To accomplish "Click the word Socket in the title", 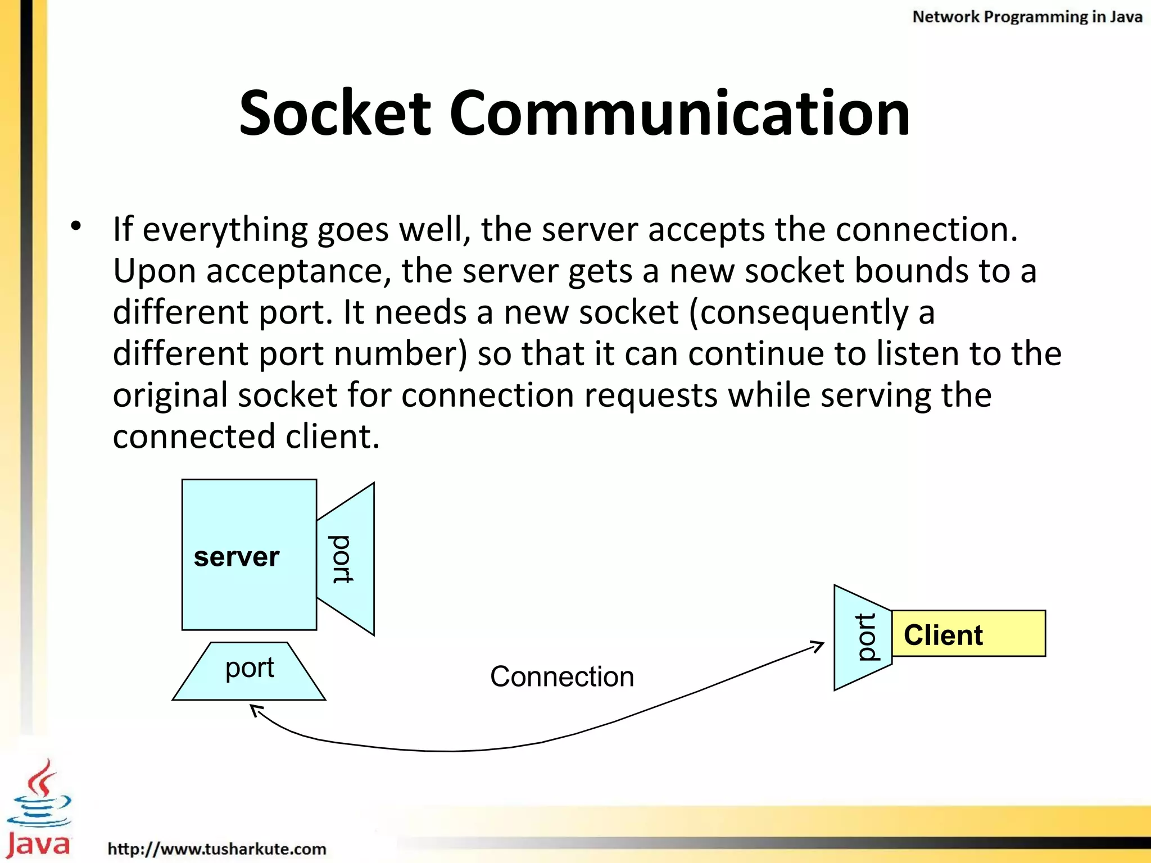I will (x=335, y=113).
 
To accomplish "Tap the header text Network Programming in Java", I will (x=1027, y=17).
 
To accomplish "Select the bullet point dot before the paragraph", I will (x=76, y=226).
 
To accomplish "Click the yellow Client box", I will (x=968, y=634).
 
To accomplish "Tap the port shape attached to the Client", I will (x=863, y=637).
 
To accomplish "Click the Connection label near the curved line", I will (x=562, y=676).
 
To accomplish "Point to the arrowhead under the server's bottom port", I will (x=256, y=711).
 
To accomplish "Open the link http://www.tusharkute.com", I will (x=217, y=848).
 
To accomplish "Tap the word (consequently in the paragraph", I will (x=798, y=313).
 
